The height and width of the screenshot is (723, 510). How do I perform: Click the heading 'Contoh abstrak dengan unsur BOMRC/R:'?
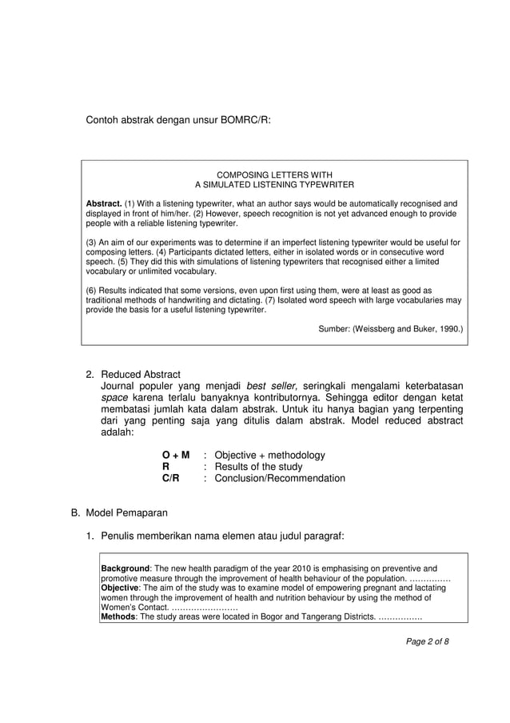pos(178,120)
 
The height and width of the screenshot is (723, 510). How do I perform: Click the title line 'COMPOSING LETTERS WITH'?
pos(274,175)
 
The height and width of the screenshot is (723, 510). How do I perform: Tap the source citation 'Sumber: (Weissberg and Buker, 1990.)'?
pos(390,328)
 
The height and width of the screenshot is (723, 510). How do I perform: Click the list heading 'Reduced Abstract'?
pos(141,375)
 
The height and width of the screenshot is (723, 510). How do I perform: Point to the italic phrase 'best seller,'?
pos(271,388)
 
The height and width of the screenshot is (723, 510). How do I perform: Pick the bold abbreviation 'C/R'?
pos(170,478)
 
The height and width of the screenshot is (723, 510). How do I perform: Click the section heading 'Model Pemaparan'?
pos(128,513)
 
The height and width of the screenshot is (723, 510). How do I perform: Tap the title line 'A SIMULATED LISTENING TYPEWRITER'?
pos(274,184)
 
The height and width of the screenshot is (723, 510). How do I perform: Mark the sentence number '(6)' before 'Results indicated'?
pos(92,290)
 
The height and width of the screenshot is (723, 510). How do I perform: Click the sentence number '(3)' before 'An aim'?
pos(92,242)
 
